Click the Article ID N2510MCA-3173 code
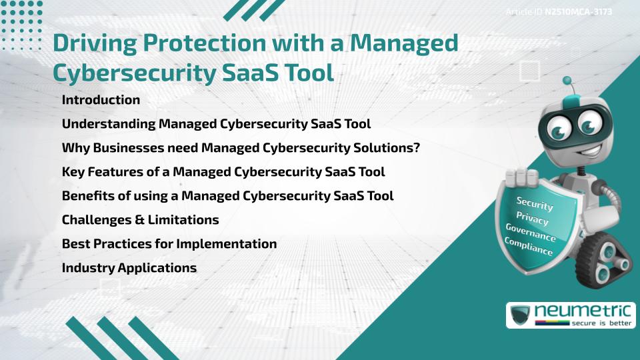[578, 11]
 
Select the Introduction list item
[101, 100]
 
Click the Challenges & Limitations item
[140, 220]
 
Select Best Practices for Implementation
[169, 244]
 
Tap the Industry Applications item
[129, 268]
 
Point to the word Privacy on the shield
[532, 219]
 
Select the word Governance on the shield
[531, 233]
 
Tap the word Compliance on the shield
[529, 247]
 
